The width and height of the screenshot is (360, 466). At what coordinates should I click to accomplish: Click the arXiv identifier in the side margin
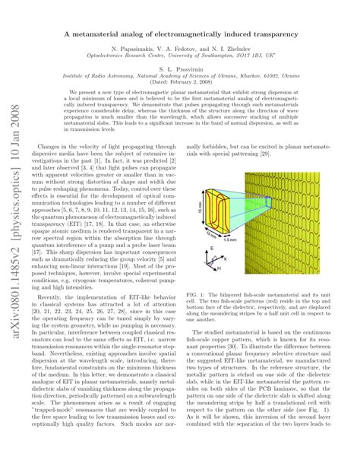14,190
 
